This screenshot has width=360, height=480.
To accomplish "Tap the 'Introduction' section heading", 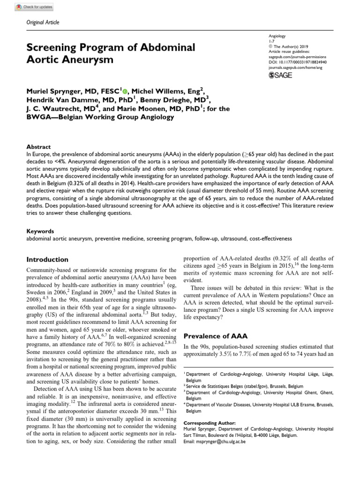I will pyautogui.click(x=47, y=259).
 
